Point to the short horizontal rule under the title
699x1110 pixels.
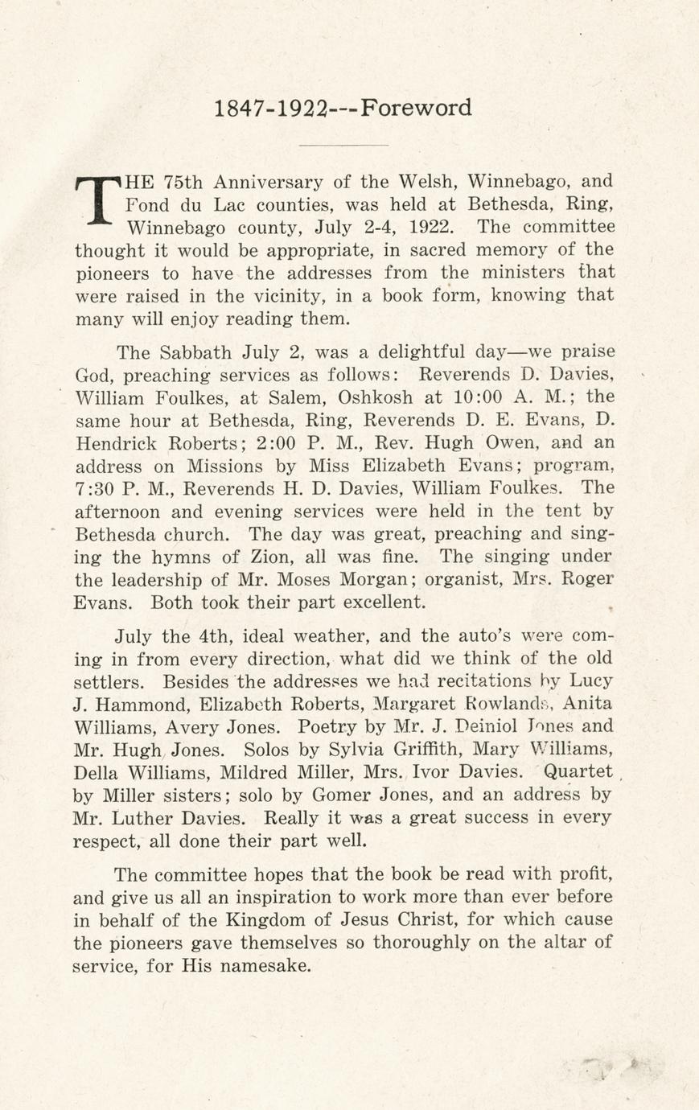pyautogui.click(x=343, y=145)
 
